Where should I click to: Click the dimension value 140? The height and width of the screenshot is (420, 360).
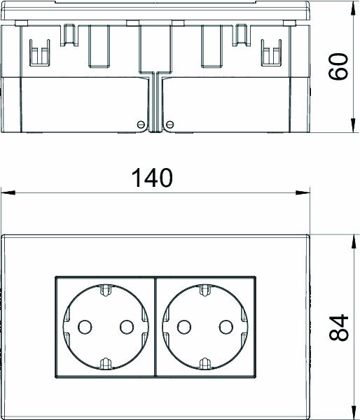coord(152,178)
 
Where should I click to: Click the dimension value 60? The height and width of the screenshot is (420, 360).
coord(339,67)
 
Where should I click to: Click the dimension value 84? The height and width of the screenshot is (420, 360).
coord(339,326)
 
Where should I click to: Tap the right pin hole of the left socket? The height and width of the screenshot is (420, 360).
coord(127,326)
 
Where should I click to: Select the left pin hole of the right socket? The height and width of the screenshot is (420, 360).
coord(183,326)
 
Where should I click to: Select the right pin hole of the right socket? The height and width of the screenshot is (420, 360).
coord(226,326)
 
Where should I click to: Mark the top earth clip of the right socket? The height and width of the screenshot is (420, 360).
coord(205,288)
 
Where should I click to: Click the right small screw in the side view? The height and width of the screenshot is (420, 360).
coord(169,125)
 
